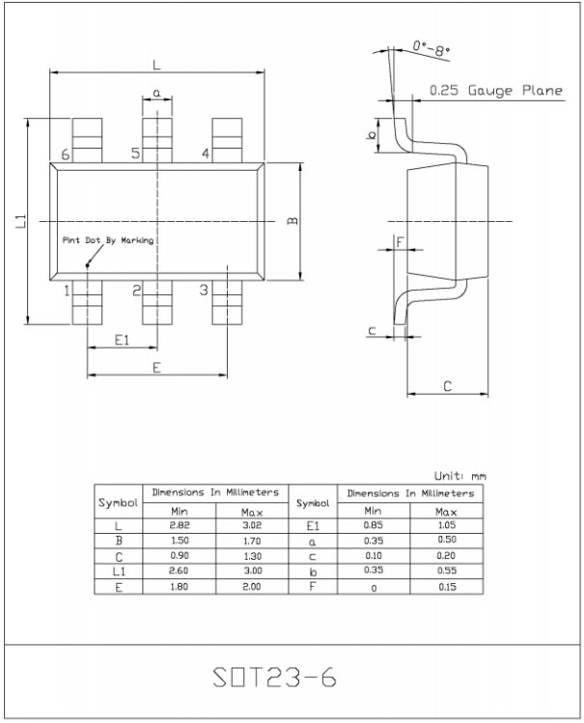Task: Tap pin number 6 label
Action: coord(65,154)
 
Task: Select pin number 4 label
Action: coord(206,154)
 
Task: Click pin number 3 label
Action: coord(204,290)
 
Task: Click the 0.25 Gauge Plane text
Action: coord(495,91)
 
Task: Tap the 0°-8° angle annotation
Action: coord(431,46)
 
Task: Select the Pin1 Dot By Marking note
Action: coord(107,240)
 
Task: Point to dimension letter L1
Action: coord(20,221)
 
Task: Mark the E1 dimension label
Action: coord(122,340)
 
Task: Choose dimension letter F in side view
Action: coord(399,241)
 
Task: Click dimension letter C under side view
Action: coord(447,386)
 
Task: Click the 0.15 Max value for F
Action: coord(446,587)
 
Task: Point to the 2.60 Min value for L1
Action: coord(179,571)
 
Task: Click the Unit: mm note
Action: coord(459,476)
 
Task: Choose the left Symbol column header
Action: coord(118,503)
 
